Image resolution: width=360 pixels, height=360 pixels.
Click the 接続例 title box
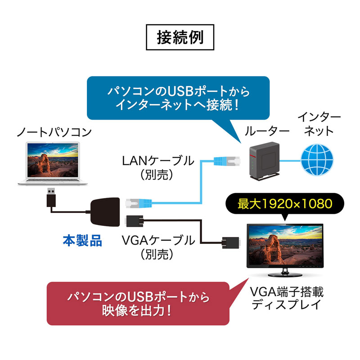pos(180,37)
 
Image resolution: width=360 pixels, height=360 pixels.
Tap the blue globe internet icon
pos(318,159)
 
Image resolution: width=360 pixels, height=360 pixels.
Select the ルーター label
pos(267,131)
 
